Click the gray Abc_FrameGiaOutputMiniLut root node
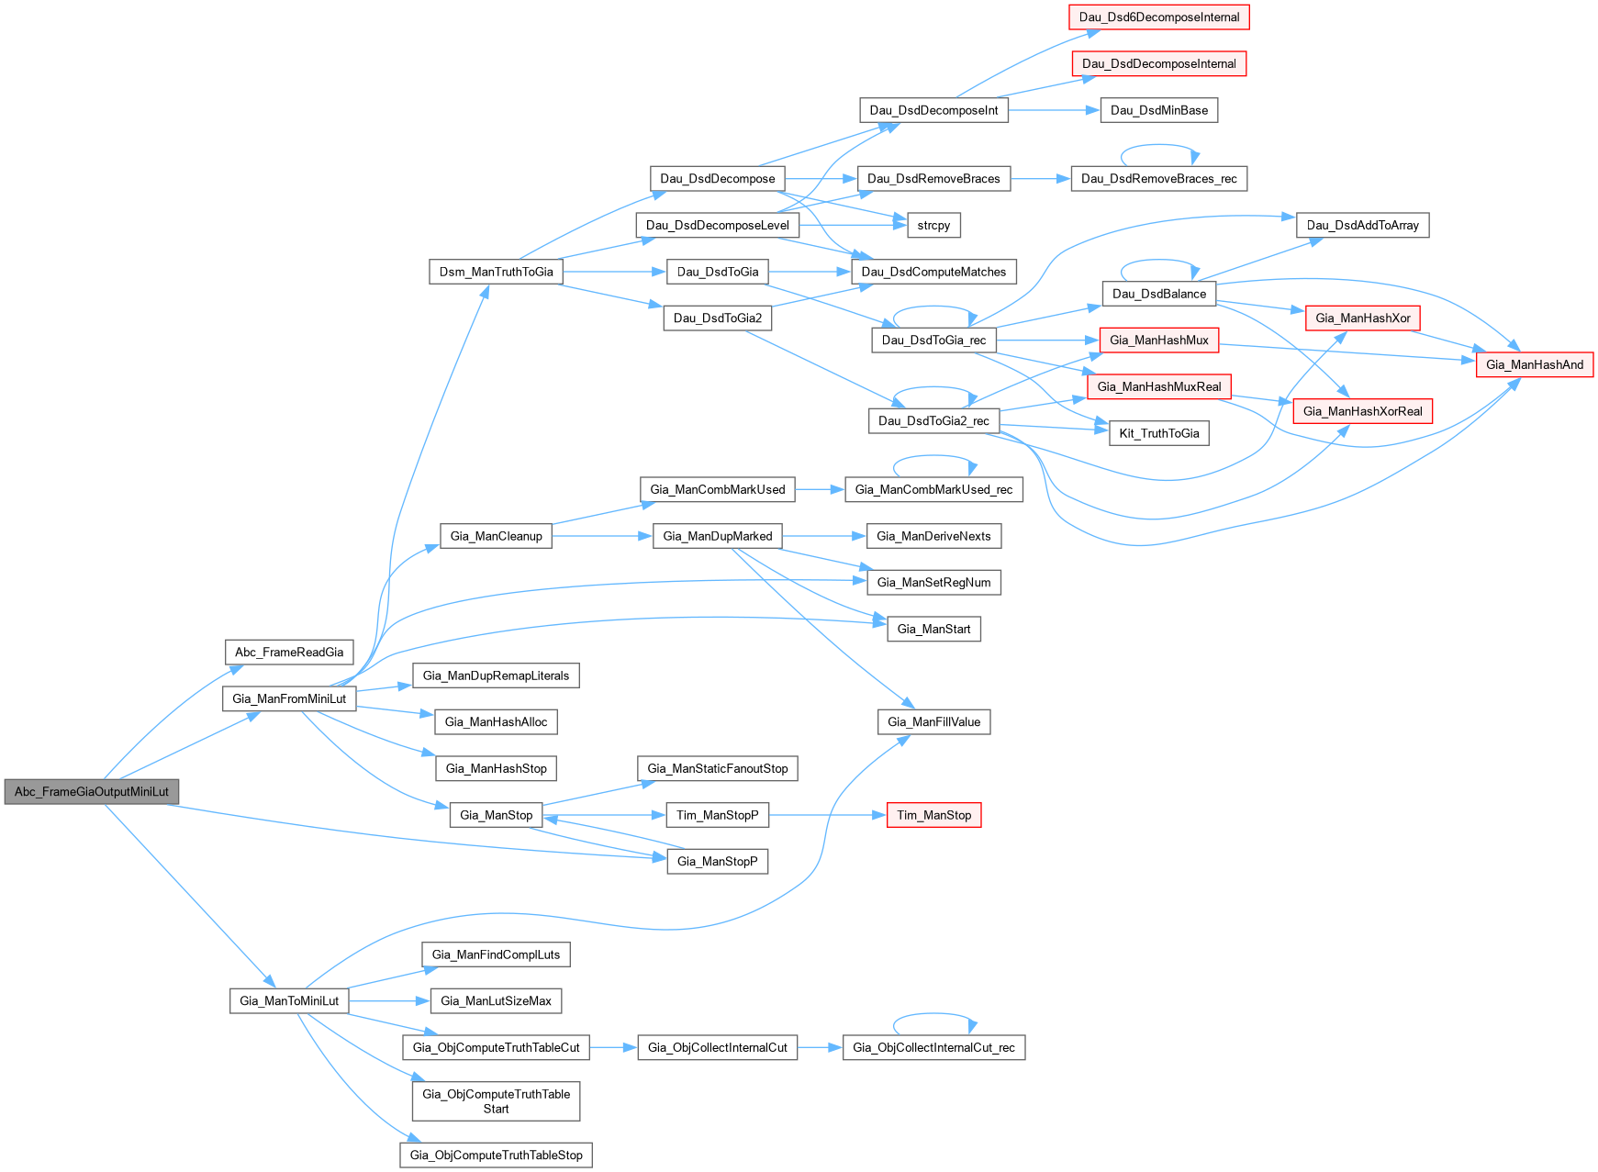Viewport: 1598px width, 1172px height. coord(91,791)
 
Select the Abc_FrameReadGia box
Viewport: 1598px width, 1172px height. coord(289,653)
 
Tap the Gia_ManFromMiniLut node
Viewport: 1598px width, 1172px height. coord(289,698)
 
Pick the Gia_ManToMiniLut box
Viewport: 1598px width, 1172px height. coord(289,1000)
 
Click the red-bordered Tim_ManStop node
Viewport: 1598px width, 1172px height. coord(933,815)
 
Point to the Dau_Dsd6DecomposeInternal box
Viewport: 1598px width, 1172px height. coord(1158,17)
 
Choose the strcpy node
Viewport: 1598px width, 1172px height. coord(933,225)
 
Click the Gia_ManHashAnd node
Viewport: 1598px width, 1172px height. coord(1534,364)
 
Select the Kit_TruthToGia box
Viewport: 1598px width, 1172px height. coord(1159,433)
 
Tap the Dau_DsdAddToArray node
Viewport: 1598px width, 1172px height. coord(1362,225)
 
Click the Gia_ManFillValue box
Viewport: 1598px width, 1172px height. coord(933,722)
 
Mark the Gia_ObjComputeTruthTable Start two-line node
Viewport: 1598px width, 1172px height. coord(496,1101)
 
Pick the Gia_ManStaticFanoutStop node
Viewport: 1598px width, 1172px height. coord(718,768)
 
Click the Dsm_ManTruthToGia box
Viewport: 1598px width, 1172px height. coord(496,272)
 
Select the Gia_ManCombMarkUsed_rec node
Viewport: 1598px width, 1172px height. coord(933,489)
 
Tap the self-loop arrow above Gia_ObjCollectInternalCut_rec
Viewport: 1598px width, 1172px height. coord(934,1015)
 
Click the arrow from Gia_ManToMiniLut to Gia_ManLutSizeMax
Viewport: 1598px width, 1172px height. coord(389,1000)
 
